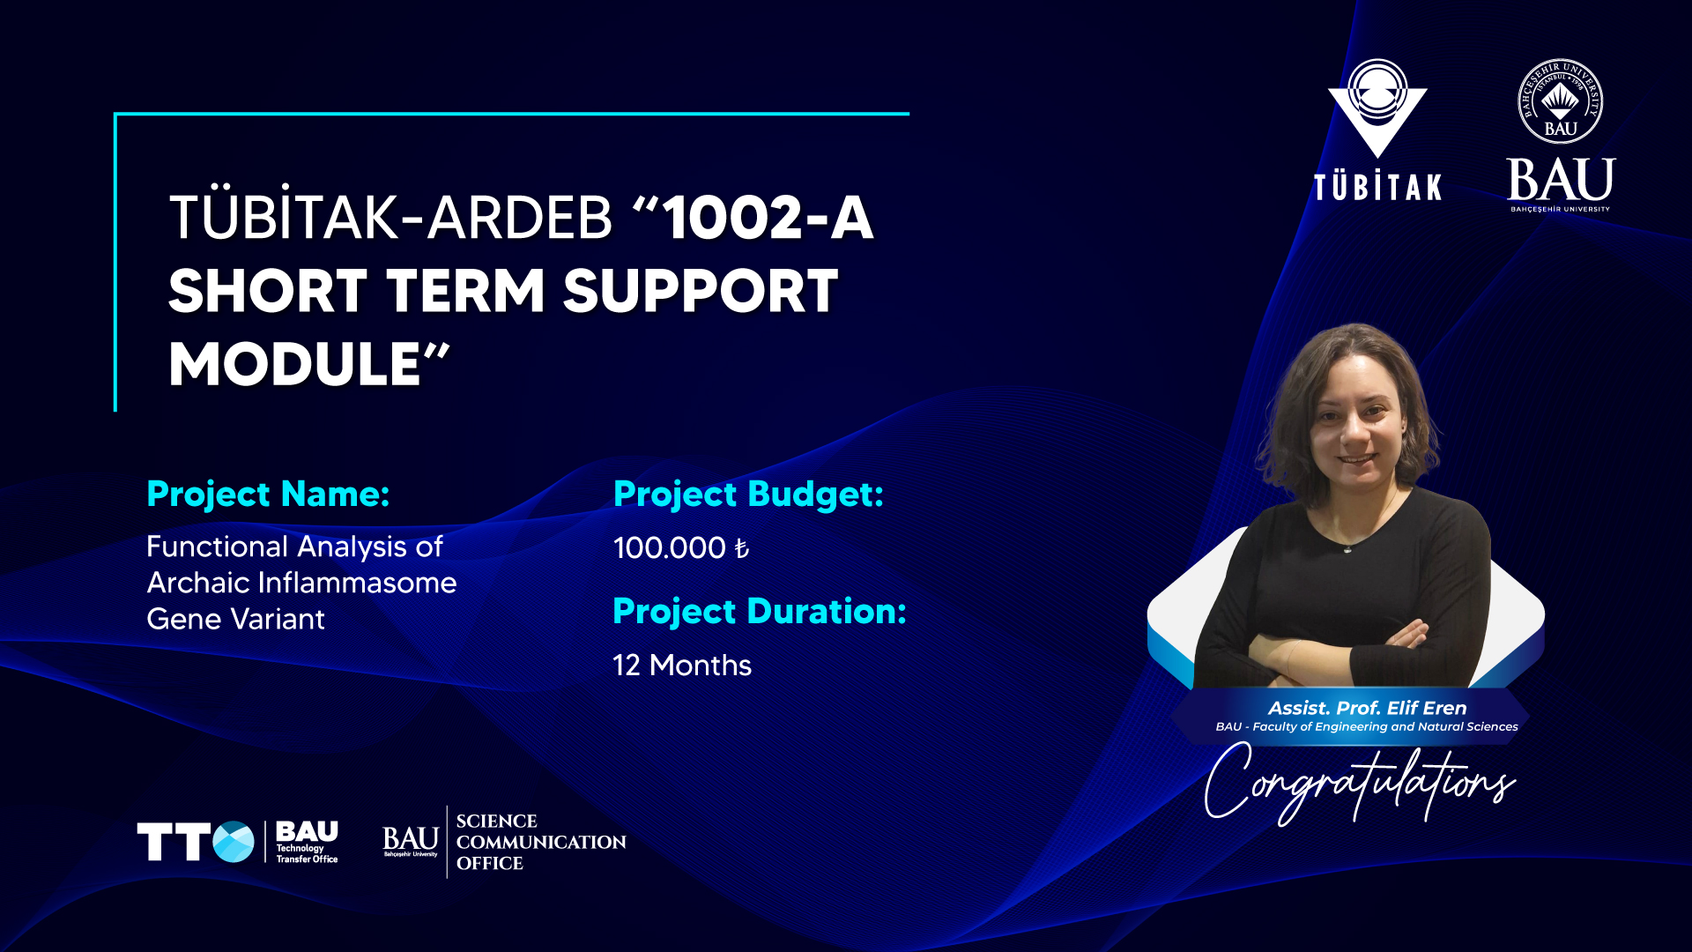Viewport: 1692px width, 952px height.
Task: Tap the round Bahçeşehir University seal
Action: [x=1560, y=102]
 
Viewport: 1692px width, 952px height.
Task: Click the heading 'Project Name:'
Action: [x=268, y=495]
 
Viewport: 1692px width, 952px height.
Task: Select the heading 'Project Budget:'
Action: [x=748, y=495]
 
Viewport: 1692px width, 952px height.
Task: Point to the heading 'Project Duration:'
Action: [x=760, y=611]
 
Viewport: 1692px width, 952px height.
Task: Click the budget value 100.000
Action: [x=670, y=548]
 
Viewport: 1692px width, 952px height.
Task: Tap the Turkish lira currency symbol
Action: [x=742, y=549]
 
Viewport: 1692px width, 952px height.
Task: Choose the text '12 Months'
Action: [x=682, y=666]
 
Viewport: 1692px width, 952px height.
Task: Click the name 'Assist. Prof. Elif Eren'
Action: [x=1367, y=708]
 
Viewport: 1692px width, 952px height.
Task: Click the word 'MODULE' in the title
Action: [x=295, y=364]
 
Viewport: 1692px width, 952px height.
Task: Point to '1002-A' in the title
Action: [x=768, y=218]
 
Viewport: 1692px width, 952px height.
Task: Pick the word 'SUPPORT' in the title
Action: [x=701, y=291]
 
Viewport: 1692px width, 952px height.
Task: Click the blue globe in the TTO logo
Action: [x=234, y=842]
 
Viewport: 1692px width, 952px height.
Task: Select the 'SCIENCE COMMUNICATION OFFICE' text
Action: [x=541, y=842]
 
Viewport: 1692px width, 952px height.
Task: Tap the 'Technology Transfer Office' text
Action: [x=307, y=853]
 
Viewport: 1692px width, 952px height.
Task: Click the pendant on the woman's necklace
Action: [x=1347, y=549]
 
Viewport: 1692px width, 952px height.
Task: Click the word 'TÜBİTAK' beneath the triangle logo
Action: [x=1377, y=187]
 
